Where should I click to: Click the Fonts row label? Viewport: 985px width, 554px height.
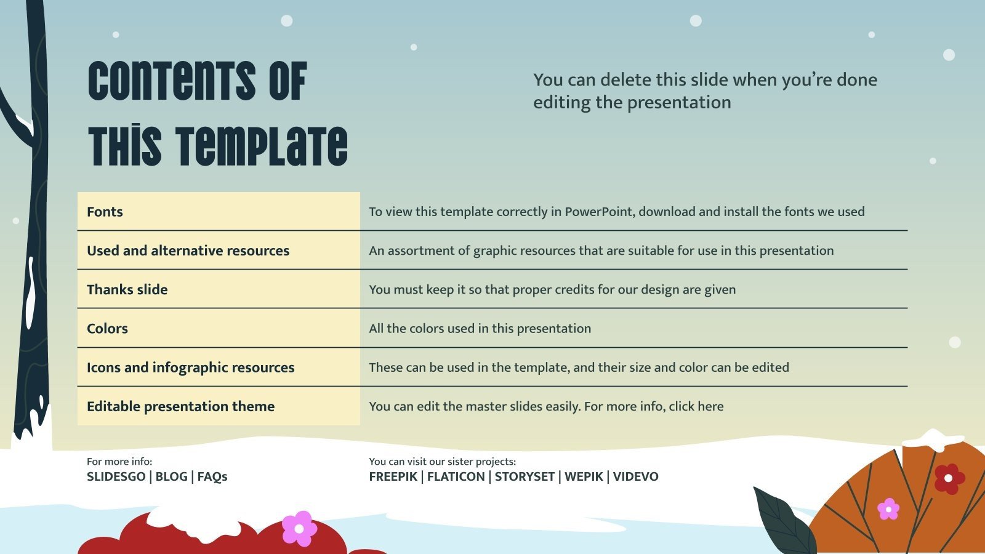[105, 212]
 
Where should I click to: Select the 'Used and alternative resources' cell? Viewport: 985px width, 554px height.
[188, 251]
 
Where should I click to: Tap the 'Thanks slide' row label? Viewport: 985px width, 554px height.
[127, 289]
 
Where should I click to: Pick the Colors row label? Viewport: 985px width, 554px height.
[107, 328]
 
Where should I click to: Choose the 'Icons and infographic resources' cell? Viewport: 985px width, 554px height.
[190, 367]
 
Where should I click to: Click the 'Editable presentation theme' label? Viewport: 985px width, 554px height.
[180, 406]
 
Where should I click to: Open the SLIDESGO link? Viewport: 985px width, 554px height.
[116, 476]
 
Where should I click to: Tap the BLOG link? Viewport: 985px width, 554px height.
[171, 476]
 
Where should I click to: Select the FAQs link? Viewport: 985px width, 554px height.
[212, 476]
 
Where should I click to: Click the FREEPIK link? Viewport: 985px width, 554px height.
[393, 476]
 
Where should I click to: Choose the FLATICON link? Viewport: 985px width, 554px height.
[456, 476]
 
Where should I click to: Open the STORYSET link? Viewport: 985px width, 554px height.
[525, 476]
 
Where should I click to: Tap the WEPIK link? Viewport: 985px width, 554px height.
[584, 476]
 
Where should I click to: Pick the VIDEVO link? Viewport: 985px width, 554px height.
[635, 476]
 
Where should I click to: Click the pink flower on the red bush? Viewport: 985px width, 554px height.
[299, 528]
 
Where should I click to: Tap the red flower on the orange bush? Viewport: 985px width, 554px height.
[949, 478]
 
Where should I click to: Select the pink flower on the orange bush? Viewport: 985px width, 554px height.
[888, 509]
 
